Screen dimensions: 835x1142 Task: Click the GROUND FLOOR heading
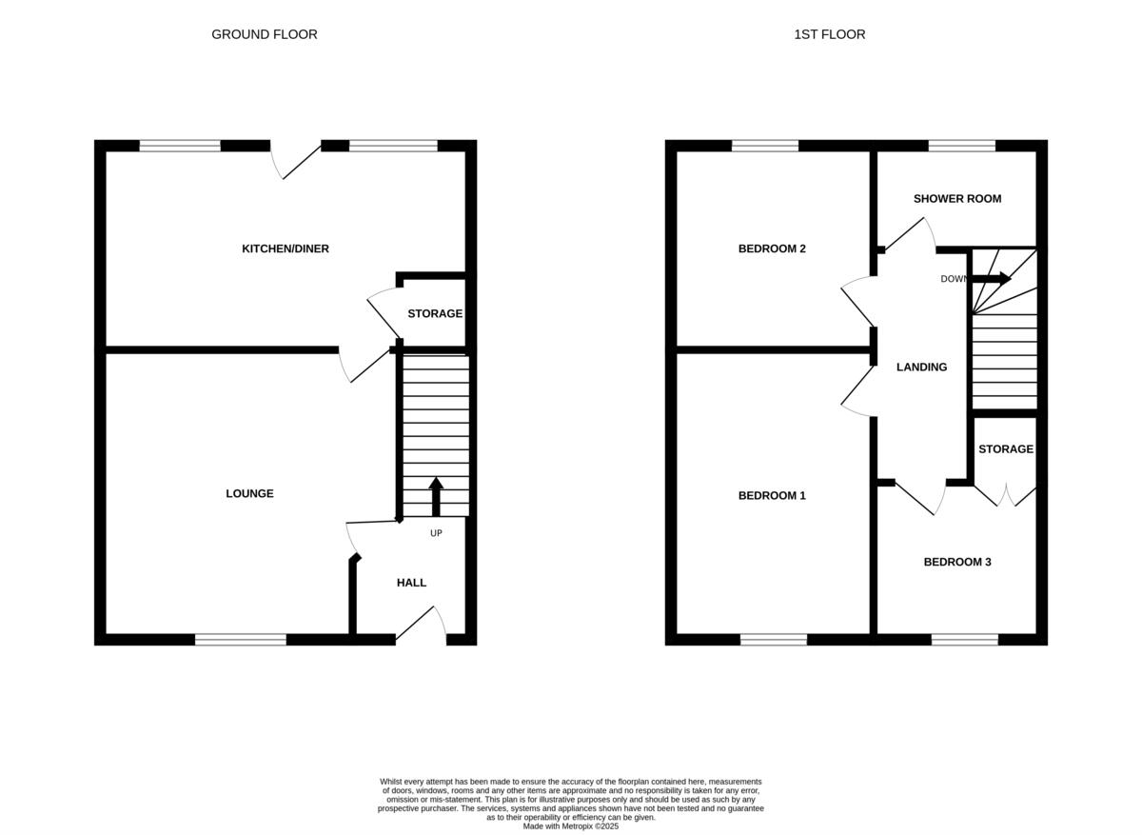[264, 34]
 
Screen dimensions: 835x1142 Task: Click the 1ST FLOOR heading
[829, 34]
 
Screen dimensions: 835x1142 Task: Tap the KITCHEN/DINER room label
[285, 249]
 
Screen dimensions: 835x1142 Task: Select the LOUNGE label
[249, 493]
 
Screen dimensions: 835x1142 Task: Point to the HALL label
[411, 583]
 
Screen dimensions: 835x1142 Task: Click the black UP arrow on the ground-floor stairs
[436, 496]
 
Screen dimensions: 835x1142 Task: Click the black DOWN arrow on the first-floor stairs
[991, 279]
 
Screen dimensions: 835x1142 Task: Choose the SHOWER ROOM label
[956, 199]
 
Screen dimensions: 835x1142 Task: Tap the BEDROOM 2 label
[772, 249]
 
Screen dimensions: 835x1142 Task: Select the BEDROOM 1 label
[772, 495]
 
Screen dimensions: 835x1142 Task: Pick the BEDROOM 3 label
[956, 562]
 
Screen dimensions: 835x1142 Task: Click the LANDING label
[921, 367]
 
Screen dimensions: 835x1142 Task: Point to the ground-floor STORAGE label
[435, 313]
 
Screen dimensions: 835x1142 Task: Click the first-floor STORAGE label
[1005, 448]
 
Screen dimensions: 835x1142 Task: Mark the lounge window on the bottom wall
[241, 640]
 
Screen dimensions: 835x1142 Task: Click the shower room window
[961, 146]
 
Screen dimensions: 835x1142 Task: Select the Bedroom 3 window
[964, 640]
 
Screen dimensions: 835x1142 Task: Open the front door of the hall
[420, 625]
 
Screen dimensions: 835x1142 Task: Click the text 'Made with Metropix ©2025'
[570, 826]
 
